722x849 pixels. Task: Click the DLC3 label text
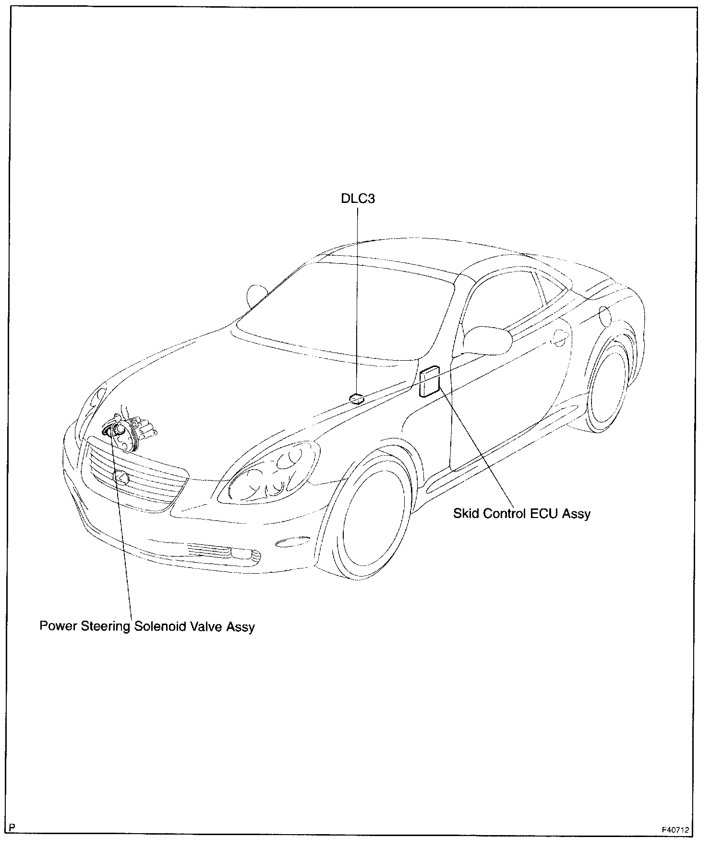coord(358,199)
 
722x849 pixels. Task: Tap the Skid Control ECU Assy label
coord(522,514)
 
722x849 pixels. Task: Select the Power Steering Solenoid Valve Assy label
coord(147,626)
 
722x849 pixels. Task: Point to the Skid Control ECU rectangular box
coord(430,381)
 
